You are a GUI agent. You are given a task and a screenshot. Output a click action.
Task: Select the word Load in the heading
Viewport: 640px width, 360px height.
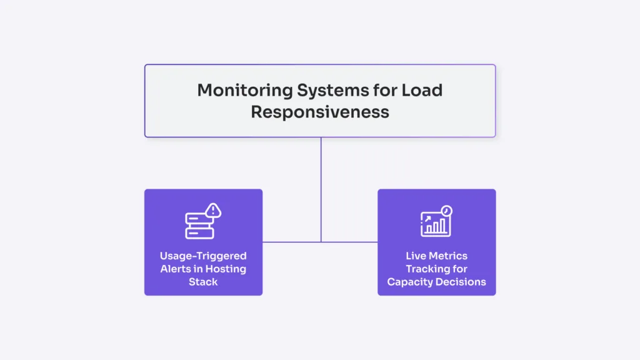click(421, 90)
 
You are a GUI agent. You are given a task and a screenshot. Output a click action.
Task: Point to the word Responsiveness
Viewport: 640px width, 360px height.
click(320, 112)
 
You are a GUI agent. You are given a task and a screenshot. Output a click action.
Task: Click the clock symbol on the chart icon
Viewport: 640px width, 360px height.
click(446, 211)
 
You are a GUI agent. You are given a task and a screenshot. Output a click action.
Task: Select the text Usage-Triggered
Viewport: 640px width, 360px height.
click(203, 256)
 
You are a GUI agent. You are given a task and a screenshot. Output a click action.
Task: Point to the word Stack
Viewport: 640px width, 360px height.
click(203, 282)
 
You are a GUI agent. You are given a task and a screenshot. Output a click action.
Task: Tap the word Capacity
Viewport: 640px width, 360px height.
click(411, 282)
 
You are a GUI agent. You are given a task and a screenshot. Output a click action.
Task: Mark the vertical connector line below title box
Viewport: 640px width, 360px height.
click(321, 187)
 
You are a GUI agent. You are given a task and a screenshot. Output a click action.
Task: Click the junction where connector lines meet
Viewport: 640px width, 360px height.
click(321, 241)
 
